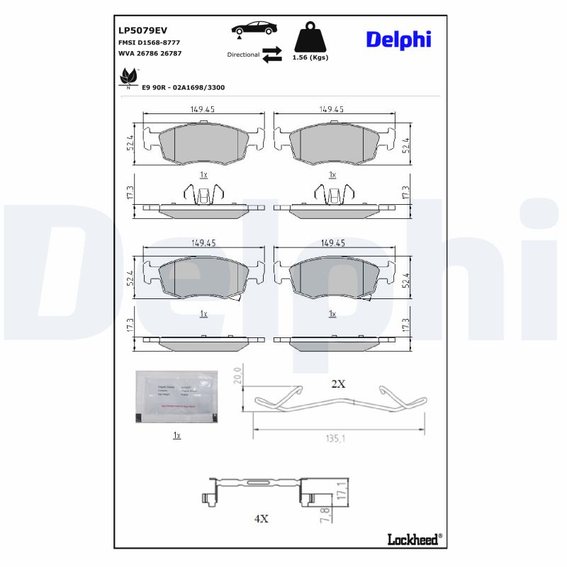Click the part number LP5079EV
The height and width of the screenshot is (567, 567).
click(x=142, y=30)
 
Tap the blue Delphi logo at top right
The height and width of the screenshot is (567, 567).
click(x=398, y=39)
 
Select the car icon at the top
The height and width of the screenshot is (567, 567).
click(x=254, y=28)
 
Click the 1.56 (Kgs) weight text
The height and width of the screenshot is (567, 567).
click(x=310, y=57)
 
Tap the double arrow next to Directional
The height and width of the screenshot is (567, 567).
click(x=271, y=55)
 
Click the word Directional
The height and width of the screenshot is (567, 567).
click(x=243, y=55)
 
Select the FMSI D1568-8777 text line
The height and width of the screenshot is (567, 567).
click(x=148, y=43)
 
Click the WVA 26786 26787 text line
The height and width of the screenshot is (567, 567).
click(x=149, y=54)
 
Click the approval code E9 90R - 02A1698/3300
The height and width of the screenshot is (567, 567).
click(x=184, y=86)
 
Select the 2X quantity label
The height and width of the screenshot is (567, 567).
click(x=338, y=383)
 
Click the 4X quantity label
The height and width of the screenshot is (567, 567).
click(x=261, y=518)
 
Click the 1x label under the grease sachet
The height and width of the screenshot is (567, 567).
click(x=177, y=435)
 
